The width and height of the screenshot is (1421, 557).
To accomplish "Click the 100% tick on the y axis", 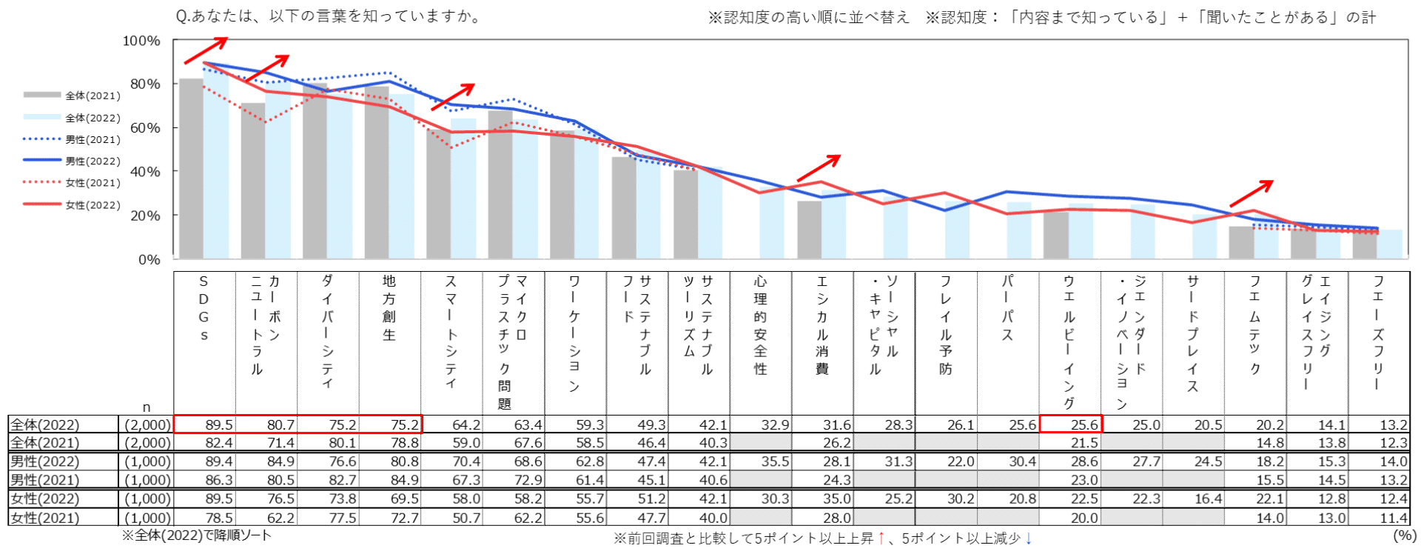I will tap(141, 41).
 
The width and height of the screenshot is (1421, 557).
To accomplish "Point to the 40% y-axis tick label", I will tap(144, 172).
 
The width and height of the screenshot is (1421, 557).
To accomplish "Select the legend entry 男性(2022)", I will tap(93, 161).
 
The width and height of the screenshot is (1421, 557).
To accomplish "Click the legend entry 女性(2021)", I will tap(93, 183).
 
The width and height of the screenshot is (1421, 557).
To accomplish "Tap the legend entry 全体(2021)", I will tap(93, 96).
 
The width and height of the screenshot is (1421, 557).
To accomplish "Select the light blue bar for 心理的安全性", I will tap(772, 223).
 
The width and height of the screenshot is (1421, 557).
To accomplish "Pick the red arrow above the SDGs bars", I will tap(206, 50).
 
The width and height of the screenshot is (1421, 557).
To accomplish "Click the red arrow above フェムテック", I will tap(1251, 193).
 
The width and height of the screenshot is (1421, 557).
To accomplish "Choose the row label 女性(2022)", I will tap(44, 498).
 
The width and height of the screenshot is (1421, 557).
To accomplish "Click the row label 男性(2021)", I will tap(44, 480).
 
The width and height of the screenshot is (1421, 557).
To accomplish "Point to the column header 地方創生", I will tap(389, 308).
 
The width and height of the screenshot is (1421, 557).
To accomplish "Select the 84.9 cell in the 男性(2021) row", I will tap(405, 480).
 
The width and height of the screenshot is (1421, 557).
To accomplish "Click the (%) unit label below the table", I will tap(1404, 535).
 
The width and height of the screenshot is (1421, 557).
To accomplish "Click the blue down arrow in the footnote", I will tap(1029, 538).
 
